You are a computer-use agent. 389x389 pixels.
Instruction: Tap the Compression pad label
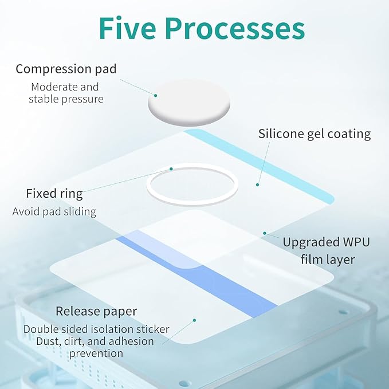coord(66,69)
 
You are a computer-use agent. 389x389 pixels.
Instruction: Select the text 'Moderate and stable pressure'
coord(65,93)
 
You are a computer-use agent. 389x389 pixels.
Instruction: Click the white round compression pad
coord(189,102)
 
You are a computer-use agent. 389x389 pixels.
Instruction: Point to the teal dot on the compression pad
coord(156,96)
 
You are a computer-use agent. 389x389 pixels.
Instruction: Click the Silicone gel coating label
coord(315,134)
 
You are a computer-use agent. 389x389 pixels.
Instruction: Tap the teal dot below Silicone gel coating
coord(257,185)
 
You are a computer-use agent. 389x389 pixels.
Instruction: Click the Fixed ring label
coord(54,194)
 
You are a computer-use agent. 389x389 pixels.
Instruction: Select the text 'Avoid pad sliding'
coord(54,212)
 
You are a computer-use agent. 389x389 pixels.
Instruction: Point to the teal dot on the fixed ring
coord(171,169)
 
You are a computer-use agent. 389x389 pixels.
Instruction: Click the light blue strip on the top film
coord(259,166)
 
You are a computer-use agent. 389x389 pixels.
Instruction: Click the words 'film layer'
coord(328,260)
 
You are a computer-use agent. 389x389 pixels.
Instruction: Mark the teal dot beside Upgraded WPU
coord(265,233)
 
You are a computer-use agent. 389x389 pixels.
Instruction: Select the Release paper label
coord(96,311)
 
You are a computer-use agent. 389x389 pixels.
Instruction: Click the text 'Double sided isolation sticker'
coord(96,329)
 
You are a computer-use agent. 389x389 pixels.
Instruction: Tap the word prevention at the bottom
coord(96,353)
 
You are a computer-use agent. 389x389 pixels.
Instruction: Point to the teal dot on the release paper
coord(195,320)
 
